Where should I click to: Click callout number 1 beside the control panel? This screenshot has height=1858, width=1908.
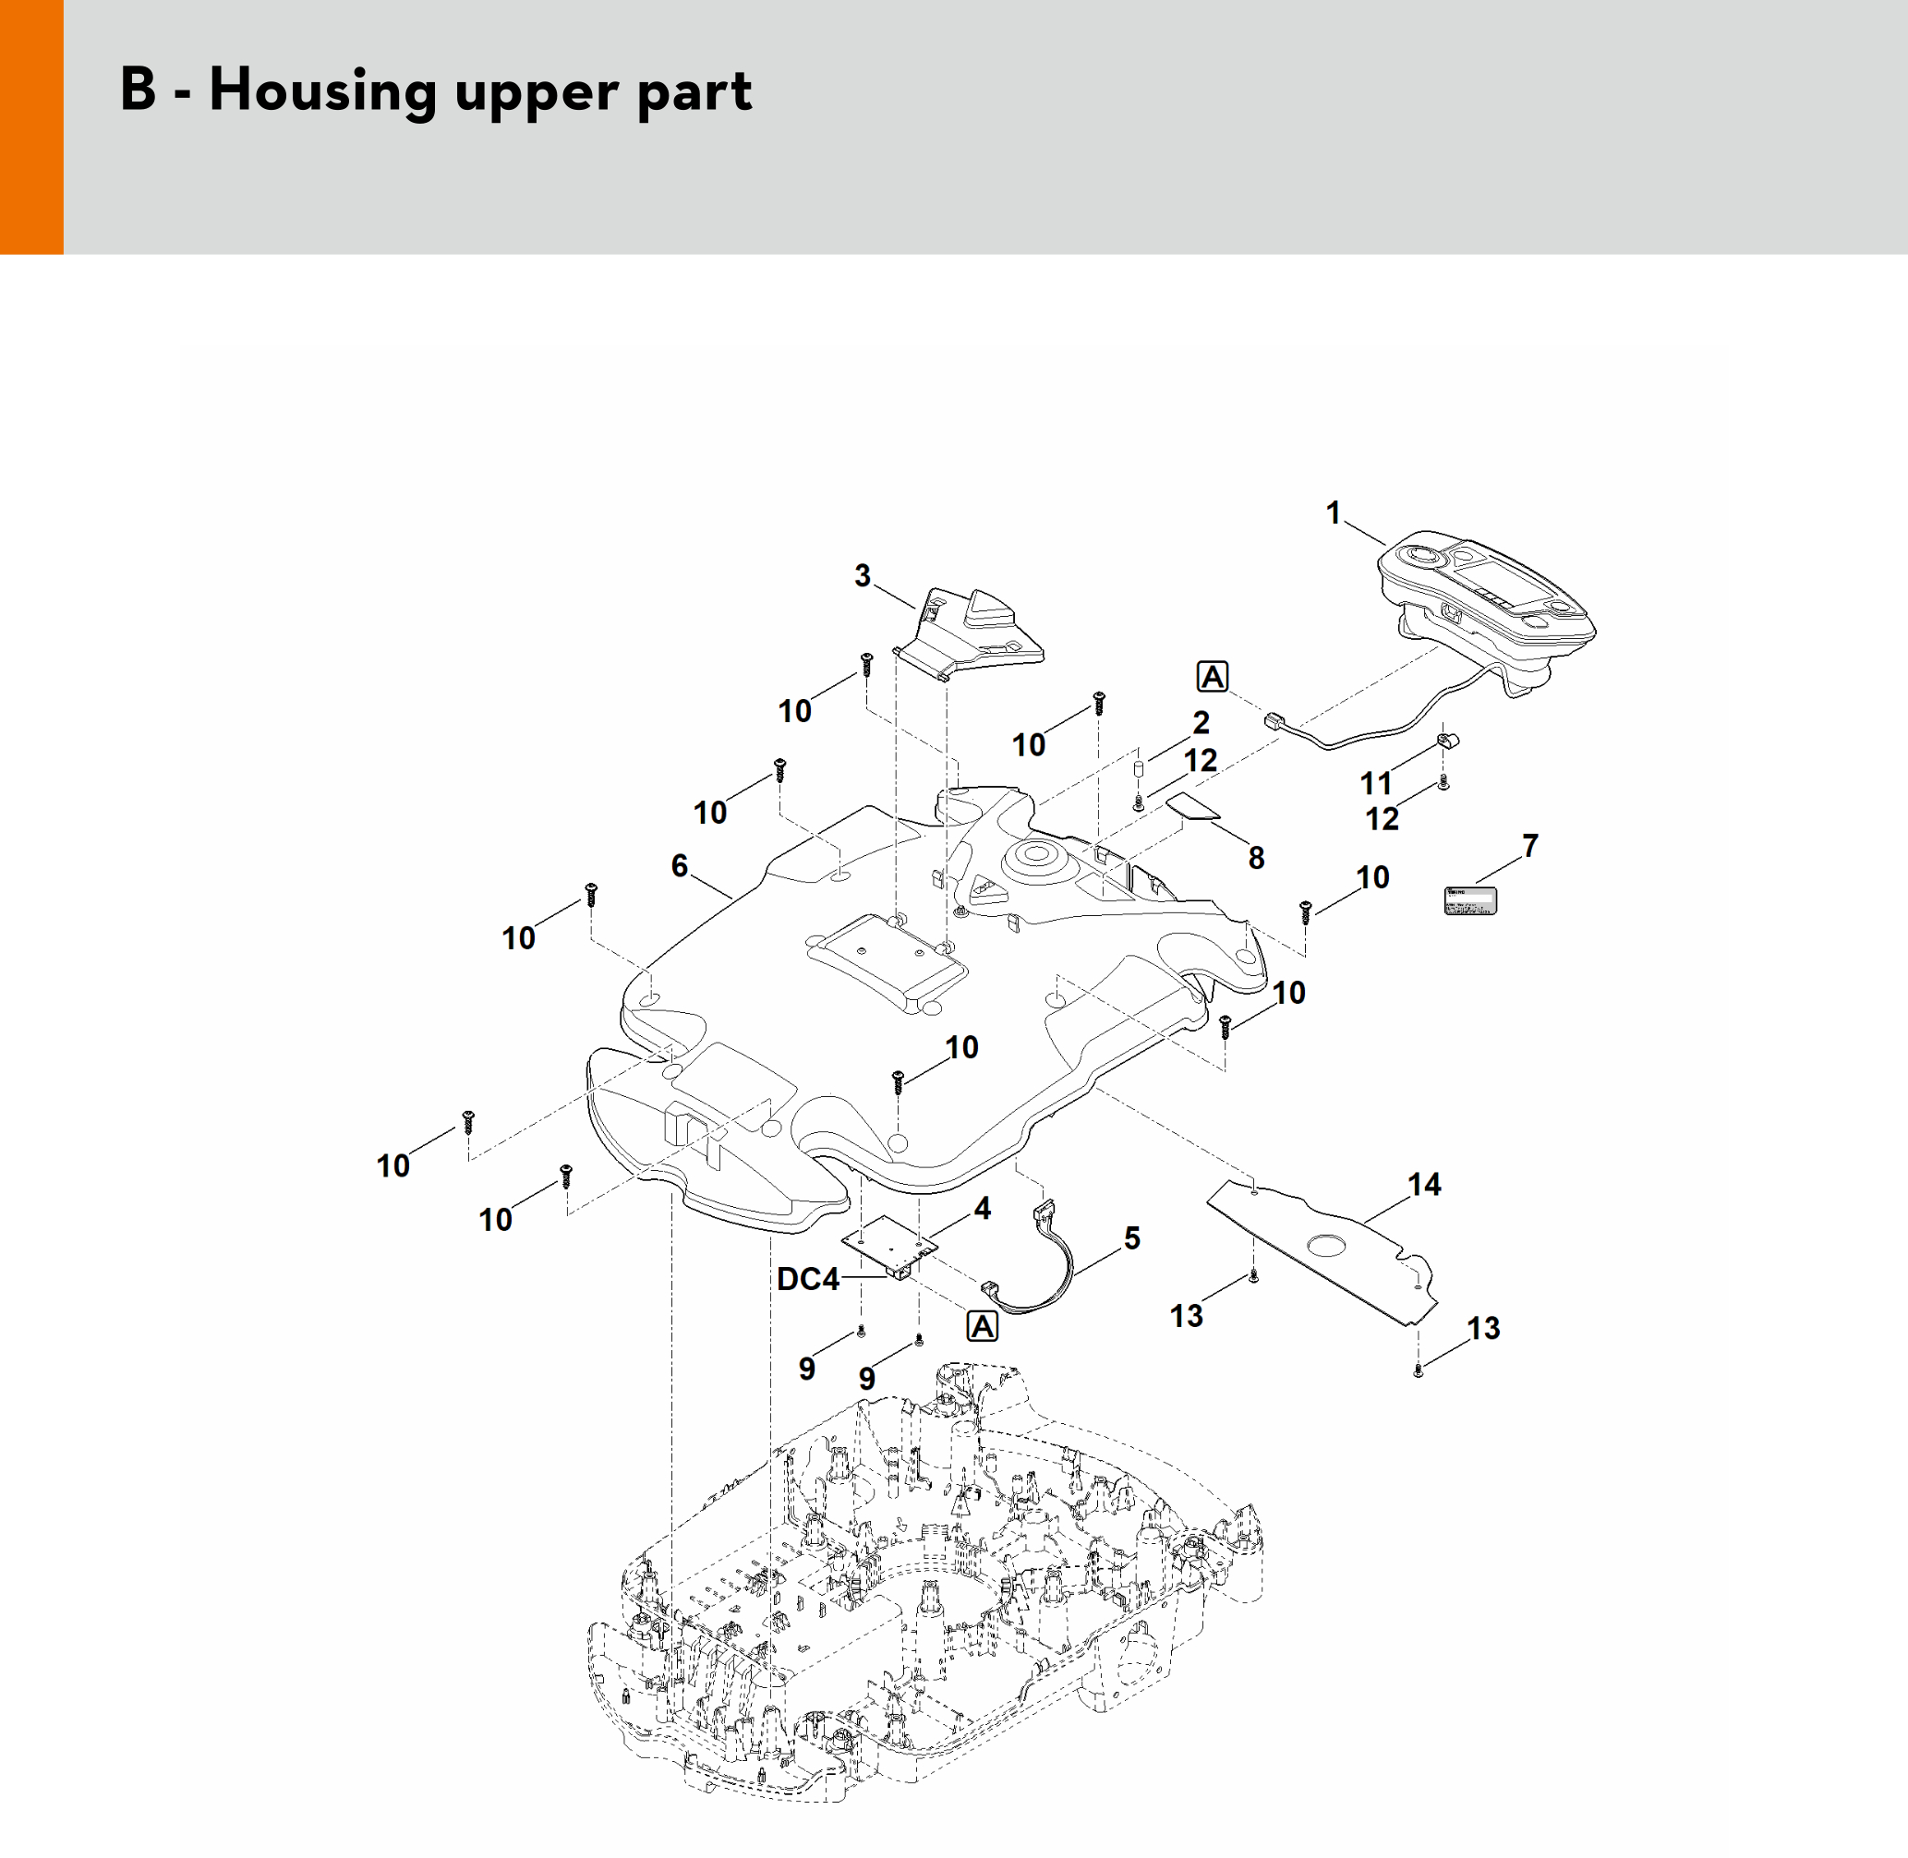pyautogui.click(x=1334, y=513)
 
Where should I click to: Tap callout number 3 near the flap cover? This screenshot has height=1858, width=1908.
pyautogui.click(x=862, y=577)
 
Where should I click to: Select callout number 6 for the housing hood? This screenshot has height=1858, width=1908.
pyautogui.click(x=680, y=865)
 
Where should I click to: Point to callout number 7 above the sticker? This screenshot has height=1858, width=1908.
pyautogui.click(x=1529, y=845)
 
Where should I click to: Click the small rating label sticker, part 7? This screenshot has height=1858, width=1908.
pyautogui.click(x=1470, y=899)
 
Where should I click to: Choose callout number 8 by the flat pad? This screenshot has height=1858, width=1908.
pyautogui.click(x=1256, y=858)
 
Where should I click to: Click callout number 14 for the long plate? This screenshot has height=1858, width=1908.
pyautogui.click(x=1424, y=1185)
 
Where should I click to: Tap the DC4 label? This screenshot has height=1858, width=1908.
pyautogui.click(x=807, y=1278)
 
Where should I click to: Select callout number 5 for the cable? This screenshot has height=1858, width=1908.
pyautogui.click(x=1132, y=1238)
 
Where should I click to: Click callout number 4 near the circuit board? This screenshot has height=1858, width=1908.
pyautogui.click(x=982, y=1209)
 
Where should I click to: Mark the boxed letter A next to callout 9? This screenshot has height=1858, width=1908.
pyautogui.click(x=982, y=1326)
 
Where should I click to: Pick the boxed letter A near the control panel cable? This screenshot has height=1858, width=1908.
pyautogui.click(x=1213, y=676)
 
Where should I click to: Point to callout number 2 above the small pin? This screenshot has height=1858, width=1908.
pyautogui.click(x=1202, y=722)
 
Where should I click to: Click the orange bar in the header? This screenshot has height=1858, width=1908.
pyautogui.click(x=31, y=127)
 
